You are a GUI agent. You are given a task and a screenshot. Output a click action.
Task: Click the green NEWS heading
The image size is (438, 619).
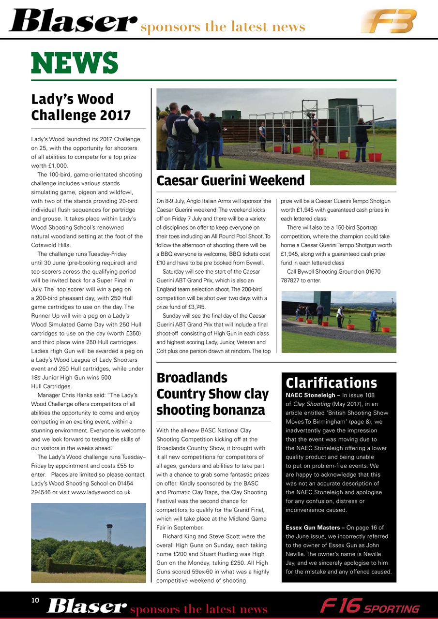(75, 63)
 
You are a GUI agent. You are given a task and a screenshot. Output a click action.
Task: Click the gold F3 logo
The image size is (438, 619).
(388, 21)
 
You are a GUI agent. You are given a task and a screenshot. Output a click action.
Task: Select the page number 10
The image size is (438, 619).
(35, 600)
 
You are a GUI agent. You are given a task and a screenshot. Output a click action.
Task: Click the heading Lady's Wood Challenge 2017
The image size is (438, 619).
(81, 107)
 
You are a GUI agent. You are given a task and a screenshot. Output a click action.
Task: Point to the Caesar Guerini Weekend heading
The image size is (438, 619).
(230, 180)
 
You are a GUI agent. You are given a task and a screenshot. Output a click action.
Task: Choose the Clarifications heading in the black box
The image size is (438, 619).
(331, 383)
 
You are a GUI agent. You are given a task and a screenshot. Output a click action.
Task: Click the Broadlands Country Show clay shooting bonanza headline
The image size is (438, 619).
(212, 394)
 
